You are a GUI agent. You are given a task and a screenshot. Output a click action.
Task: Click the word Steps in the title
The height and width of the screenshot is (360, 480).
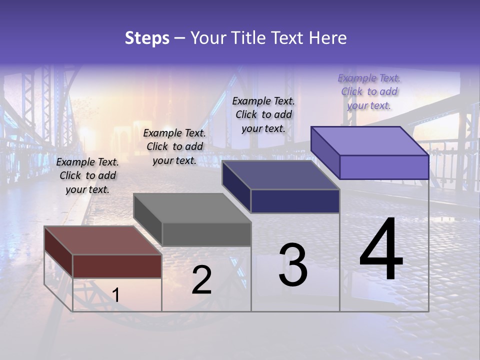147,38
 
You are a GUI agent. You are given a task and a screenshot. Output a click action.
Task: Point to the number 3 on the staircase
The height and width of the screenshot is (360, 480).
293,265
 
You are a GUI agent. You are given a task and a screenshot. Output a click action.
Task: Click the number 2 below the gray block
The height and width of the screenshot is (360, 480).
201,280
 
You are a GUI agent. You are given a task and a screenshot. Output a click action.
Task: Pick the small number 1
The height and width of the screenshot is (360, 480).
116,295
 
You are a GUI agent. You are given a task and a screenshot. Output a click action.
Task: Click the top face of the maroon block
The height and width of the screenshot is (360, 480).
102,240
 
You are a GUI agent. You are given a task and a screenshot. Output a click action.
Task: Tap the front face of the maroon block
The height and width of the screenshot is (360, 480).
117,266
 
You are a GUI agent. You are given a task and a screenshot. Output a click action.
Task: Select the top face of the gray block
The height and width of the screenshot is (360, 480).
192,208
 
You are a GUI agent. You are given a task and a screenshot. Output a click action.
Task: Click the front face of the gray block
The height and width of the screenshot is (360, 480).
206,234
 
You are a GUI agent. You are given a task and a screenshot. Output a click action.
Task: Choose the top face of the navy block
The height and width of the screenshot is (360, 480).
281,175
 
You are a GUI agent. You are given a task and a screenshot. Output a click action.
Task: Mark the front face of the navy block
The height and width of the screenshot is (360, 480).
295,201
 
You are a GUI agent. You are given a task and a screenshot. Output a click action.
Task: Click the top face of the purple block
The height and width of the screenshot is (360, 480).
370,140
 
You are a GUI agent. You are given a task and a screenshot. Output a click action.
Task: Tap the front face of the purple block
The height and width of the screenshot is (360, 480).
384,167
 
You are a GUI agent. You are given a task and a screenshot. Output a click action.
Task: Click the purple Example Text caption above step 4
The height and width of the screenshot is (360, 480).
369,91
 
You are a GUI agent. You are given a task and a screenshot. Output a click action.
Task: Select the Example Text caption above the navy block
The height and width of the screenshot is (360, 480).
263,114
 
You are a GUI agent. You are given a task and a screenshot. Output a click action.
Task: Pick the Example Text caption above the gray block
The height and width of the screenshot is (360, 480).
174,146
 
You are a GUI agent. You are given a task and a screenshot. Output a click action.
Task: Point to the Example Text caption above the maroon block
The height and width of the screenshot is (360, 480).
87,175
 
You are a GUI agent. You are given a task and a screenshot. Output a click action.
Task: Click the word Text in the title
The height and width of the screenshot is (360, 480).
286,38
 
